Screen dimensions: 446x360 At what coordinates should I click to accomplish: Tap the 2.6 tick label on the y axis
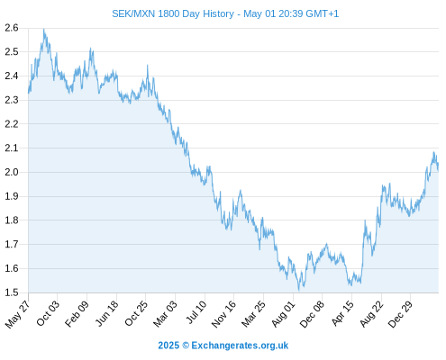12,28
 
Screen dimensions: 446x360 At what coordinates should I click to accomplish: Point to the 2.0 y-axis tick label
12,172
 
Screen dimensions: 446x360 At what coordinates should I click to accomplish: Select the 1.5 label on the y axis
12,292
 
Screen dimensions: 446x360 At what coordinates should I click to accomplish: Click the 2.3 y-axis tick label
12,100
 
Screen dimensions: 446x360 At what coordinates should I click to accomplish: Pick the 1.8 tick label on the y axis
12,220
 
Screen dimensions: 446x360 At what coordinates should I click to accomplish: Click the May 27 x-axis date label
17,314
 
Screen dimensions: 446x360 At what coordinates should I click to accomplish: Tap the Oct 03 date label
48,313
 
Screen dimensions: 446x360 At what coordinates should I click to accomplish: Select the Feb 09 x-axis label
77,313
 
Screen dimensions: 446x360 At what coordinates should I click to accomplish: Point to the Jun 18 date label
106,313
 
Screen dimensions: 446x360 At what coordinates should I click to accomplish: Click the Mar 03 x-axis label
165,313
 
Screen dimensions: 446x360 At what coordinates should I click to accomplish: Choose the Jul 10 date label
196,312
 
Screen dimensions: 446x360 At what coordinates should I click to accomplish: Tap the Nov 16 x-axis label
223,314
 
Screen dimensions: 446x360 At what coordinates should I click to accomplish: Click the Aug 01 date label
283,314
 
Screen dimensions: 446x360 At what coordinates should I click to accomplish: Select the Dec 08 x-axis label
312,314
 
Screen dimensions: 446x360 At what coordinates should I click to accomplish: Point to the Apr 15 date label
342,313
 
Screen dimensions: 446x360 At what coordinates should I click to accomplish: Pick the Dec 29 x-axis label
400,314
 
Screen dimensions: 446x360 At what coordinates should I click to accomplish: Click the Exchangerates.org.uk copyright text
223,346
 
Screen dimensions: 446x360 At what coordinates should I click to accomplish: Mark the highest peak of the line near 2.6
44,29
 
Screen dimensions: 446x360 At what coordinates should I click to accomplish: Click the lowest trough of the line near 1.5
298,291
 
